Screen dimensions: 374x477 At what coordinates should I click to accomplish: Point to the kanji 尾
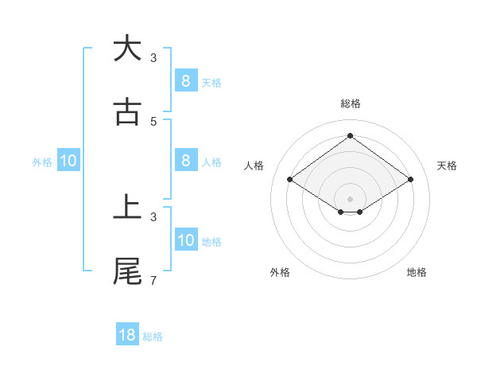pyautogui.click(x=127, y=271)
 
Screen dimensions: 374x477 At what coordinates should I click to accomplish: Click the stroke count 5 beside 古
pyautogui.click(x=153, y=122)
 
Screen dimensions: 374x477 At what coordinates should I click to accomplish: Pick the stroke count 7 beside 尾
pyautogui.click(x=153, y=281)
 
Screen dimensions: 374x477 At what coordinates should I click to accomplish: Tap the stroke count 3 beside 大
pyautogui.click(x=153, y=58)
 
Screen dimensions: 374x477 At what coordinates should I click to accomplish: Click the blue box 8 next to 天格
pyautogui.click(x=185, y=80)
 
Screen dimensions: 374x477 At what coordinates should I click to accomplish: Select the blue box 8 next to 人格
pyautogui.click(x=185, y=161)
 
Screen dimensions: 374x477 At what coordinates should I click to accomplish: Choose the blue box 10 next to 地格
pyautogui.click(x=185, y=240)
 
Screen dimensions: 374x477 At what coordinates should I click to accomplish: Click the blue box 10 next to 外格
pyautogui.click(x=68, y=161)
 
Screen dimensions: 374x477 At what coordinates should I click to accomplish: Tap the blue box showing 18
pyautogui.click(x=127, y=335)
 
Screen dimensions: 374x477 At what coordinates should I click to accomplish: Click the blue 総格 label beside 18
pyautogui.click(x=153, y=337)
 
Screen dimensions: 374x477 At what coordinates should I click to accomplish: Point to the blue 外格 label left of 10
pyautogui.click(x=42, y=162)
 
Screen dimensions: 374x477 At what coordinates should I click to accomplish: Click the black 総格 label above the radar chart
pyautogui.click(x=350, y=103)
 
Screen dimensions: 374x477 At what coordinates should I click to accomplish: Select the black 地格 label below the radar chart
pyautogui.click(x=417, y=272)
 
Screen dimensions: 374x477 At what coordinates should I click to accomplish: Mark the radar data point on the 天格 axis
pyautogui.click(x=410, y=180)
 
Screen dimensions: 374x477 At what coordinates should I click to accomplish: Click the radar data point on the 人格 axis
pyautogui.click(x=290, y=180)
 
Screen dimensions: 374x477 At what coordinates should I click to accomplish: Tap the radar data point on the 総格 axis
pyautogui.click(x=350, y=135)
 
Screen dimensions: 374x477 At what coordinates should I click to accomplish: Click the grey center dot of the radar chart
pyautogui.click(x=350, y=198)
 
